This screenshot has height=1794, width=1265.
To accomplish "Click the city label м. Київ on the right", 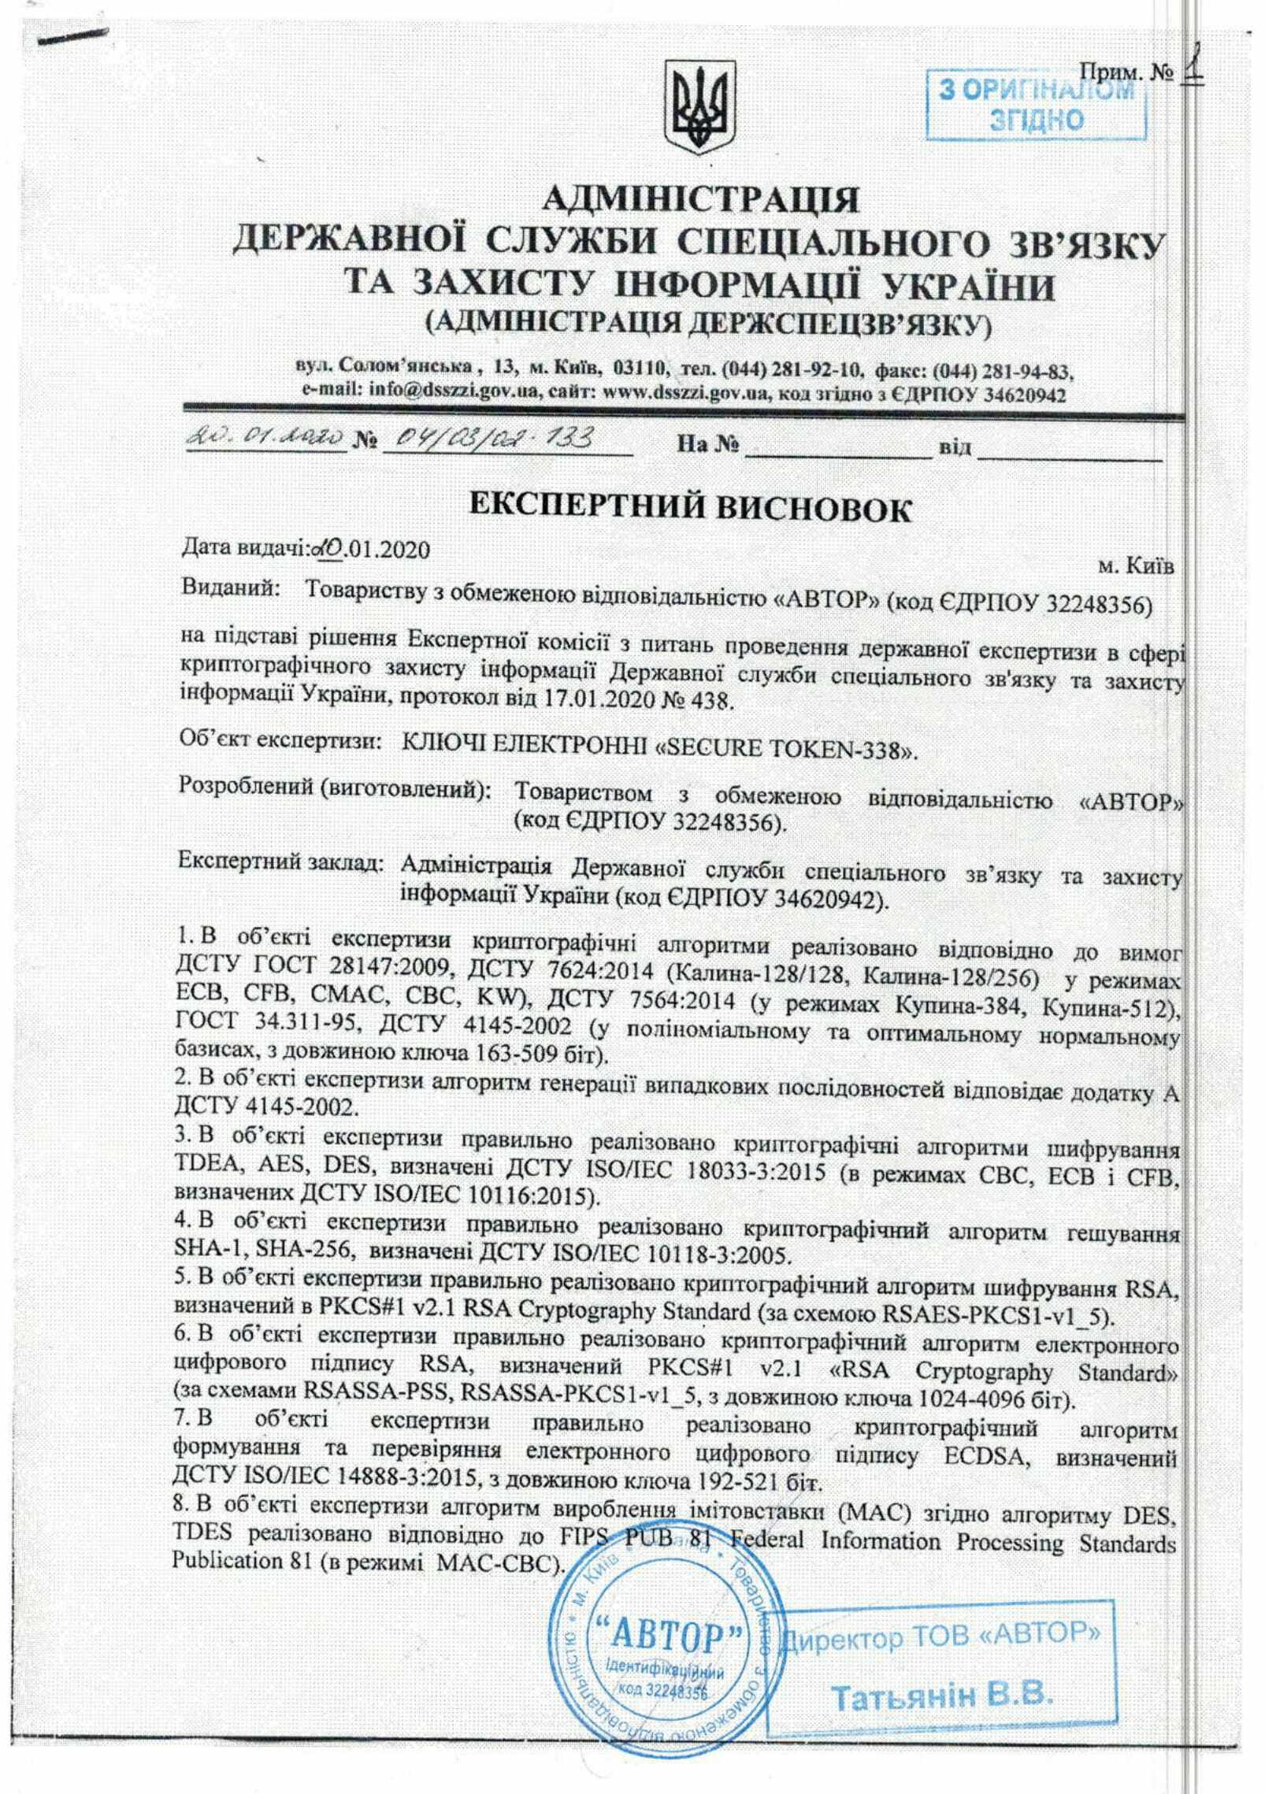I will point(1134,565).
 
